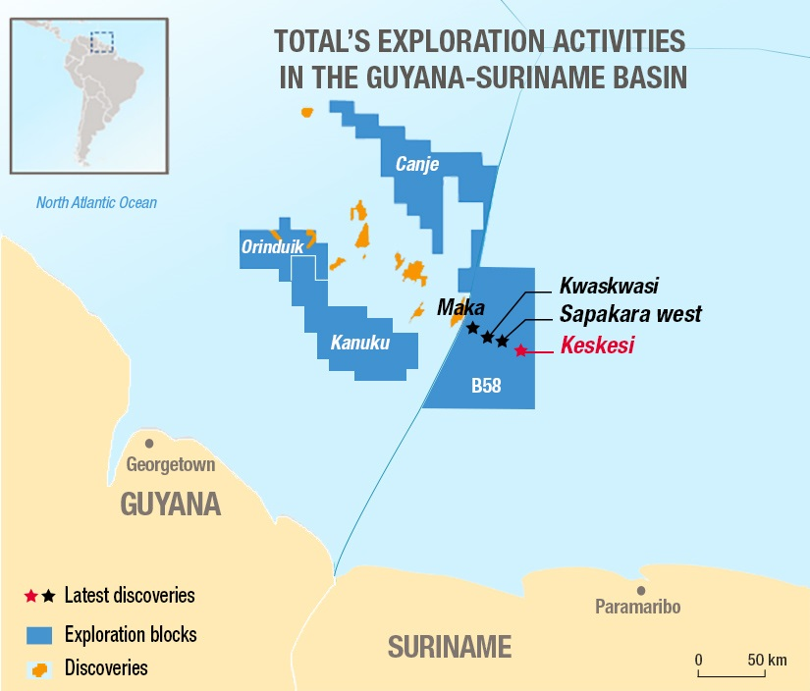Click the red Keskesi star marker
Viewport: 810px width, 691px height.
pos(520,349)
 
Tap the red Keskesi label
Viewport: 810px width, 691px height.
pos(597,345)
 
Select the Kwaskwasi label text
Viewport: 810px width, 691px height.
pos(609,286)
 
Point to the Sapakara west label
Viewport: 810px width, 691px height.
pos(630,314)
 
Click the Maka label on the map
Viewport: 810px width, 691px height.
pos(455,307)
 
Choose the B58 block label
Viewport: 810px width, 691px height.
pos(486,387)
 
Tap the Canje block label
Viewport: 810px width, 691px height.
pos(417,163)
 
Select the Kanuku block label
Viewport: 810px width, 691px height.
pos(360,344)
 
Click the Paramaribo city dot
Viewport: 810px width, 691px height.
pos(640,590)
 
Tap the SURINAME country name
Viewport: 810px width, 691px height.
pos(449,647)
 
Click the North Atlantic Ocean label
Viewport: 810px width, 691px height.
pos(96,203)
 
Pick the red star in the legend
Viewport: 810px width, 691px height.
pos(31,596)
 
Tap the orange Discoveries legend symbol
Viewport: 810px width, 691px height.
pos(39,669)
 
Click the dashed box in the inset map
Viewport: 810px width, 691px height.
pos(102,42)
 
